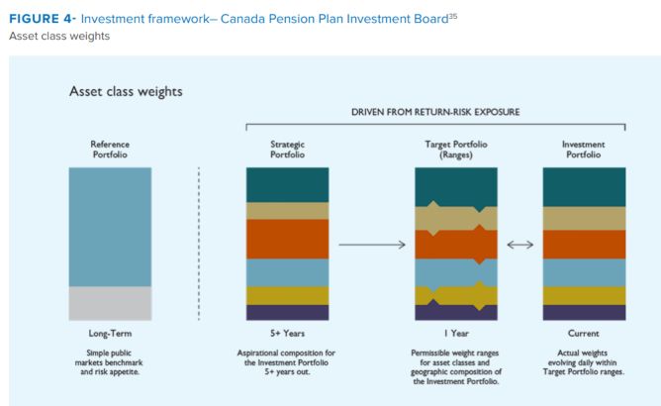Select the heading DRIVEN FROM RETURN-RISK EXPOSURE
pos(436,112)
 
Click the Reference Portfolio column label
pos(110,150)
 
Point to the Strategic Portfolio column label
pos(287,150)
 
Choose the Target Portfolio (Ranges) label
pos(455,150)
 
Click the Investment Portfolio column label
pos(584,150)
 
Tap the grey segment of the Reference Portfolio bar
pos(110,303)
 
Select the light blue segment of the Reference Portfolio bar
pos(110,227)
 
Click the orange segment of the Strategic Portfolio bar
pos(287,239)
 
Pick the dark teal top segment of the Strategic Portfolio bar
pos(287,184)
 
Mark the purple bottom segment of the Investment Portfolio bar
pos(584,312)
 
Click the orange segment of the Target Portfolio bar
pos(455,244)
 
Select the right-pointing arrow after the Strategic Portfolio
pos(372,245)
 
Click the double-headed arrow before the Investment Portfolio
pos(519,245)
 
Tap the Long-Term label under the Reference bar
pos(110,334)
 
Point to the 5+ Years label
pos(287,334)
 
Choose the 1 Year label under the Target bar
pos(455,334)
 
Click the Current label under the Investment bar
pos(584,334)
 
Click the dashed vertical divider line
pos(199,243)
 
